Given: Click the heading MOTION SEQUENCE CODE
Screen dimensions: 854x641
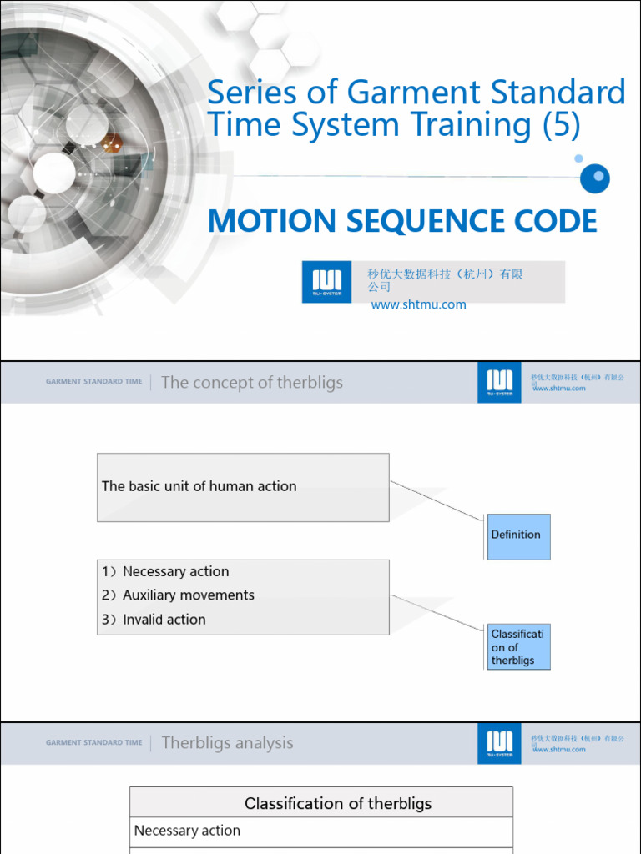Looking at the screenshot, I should tap(402, 221).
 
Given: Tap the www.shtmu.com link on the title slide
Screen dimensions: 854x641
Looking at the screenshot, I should tap(418, 304).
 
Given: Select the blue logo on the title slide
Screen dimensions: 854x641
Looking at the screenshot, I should tap(327, 282).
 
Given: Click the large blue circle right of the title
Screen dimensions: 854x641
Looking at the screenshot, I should tap(596, 178).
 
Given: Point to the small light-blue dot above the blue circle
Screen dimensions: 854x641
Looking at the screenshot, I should tap(578, 158).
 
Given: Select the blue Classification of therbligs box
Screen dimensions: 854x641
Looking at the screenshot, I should tap(517, 647).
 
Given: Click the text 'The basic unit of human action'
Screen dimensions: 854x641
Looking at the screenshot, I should tap(199, 486).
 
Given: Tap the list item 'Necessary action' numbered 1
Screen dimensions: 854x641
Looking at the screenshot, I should tap(175, 571).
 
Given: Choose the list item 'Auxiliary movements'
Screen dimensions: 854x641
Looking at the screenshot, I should tap(188, 595).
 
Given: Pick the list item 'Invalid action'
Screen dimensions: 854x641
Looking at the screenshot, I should tap(164, 620).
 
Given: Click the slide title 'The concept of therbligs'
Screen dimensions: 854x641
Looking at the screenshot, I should tap(251, 383).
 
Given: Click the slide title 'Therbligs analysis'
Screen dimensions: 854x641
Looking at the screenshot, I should tap(227, 743).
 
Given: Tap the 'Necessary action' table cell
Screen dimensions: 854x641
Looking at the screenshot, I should tap(187, 831).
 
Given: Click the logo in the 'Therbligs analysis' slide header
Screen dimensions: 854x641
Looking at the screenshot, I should tap(499, 743).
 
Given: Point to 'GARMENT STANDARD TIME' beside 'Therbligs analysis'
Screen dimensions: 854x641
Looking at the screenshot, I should tap(93, 742).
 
